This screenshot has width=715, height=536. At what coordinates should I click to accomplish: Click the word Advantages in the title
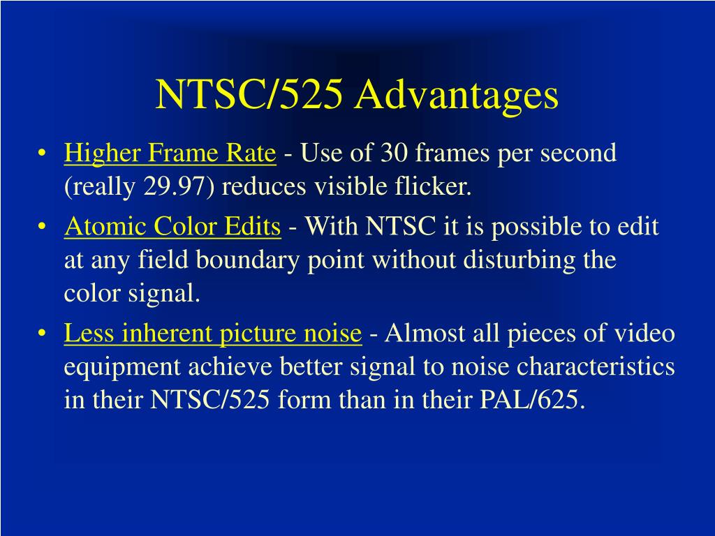[456, 96]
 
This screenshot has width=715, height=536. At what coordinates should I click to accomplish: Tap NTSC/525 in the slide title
[249, 94]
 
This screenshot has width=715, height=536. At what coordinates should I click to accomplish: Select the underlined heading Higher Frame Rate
[170, 153]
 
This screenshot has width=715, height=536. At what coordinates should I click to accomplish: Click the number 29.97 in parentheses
[173, 186]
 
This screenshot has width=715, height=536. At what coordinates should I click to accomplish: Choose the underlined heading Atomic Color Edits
[172, 227]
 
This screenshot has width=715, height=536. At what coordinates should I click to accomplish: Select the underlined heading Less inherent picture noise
[213, 334]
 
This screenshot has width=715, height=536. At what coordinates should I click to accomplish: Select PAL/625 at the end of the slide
[529, 400]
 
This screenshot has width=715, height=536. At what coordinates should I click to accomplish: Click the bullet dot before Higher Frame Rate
[42, 153]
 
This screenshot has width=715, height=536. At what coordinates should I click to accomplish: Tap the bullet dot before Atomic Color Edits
[42, 227]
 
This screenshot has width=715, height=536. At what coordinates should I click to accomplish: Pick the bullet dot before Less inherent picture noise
[42, 334]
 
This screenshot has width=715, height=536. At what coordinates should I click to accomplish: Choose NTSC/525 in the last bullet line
[209, 400]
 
